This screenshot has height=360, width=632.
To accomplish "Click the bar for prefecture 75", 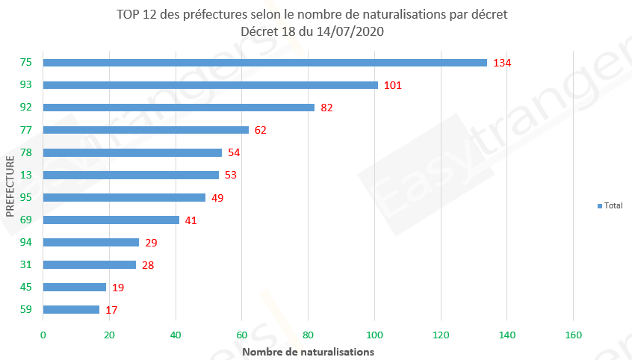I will click(265, 63).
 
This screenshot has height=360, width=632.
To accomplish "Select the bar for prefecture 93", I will click(211, 85).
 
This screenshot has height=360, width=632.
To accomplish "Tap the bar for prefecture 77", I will click(146, 130).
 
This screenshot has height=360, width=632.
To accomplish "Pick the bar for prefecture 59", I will click(71, 309).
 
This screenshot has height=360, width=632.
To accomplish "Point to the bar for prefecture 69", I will click(111, 220).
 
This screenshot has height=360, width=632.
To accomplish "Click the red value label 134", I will click(502, 63).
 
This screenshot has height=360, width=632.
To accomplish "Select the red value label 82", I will click(326, 108).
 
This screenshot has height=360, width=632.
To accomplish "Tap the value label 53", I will click(231, 175).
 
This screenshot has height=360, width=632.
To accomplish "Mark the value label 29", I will click(151, 242).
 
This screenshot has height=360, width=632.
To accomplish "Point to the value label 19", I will click(118, 287).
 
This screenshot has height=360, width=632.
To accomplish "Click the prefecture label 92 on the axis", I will click(26, 108).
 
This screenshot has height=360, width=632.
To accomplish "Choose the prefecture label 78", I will click(26, 152).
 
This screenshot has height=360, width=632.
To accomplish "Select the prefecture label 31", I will click(26, 264).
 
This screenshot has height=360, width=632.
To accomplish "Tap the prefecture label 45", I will click(26, 287).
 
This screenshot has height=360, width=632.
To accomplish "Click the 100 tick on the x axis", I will click(374, 335).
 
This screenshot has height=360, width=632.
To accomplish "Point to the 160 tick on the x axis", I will click(573, 335).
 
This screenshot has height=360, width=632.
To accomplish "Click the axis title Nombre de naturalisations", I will click(308, 350).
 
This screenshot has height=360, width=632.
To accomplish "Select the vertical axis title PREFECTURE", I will click(10, 186).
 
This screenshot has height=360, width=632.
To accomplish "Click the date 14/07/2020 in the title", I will click(347, 31).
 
